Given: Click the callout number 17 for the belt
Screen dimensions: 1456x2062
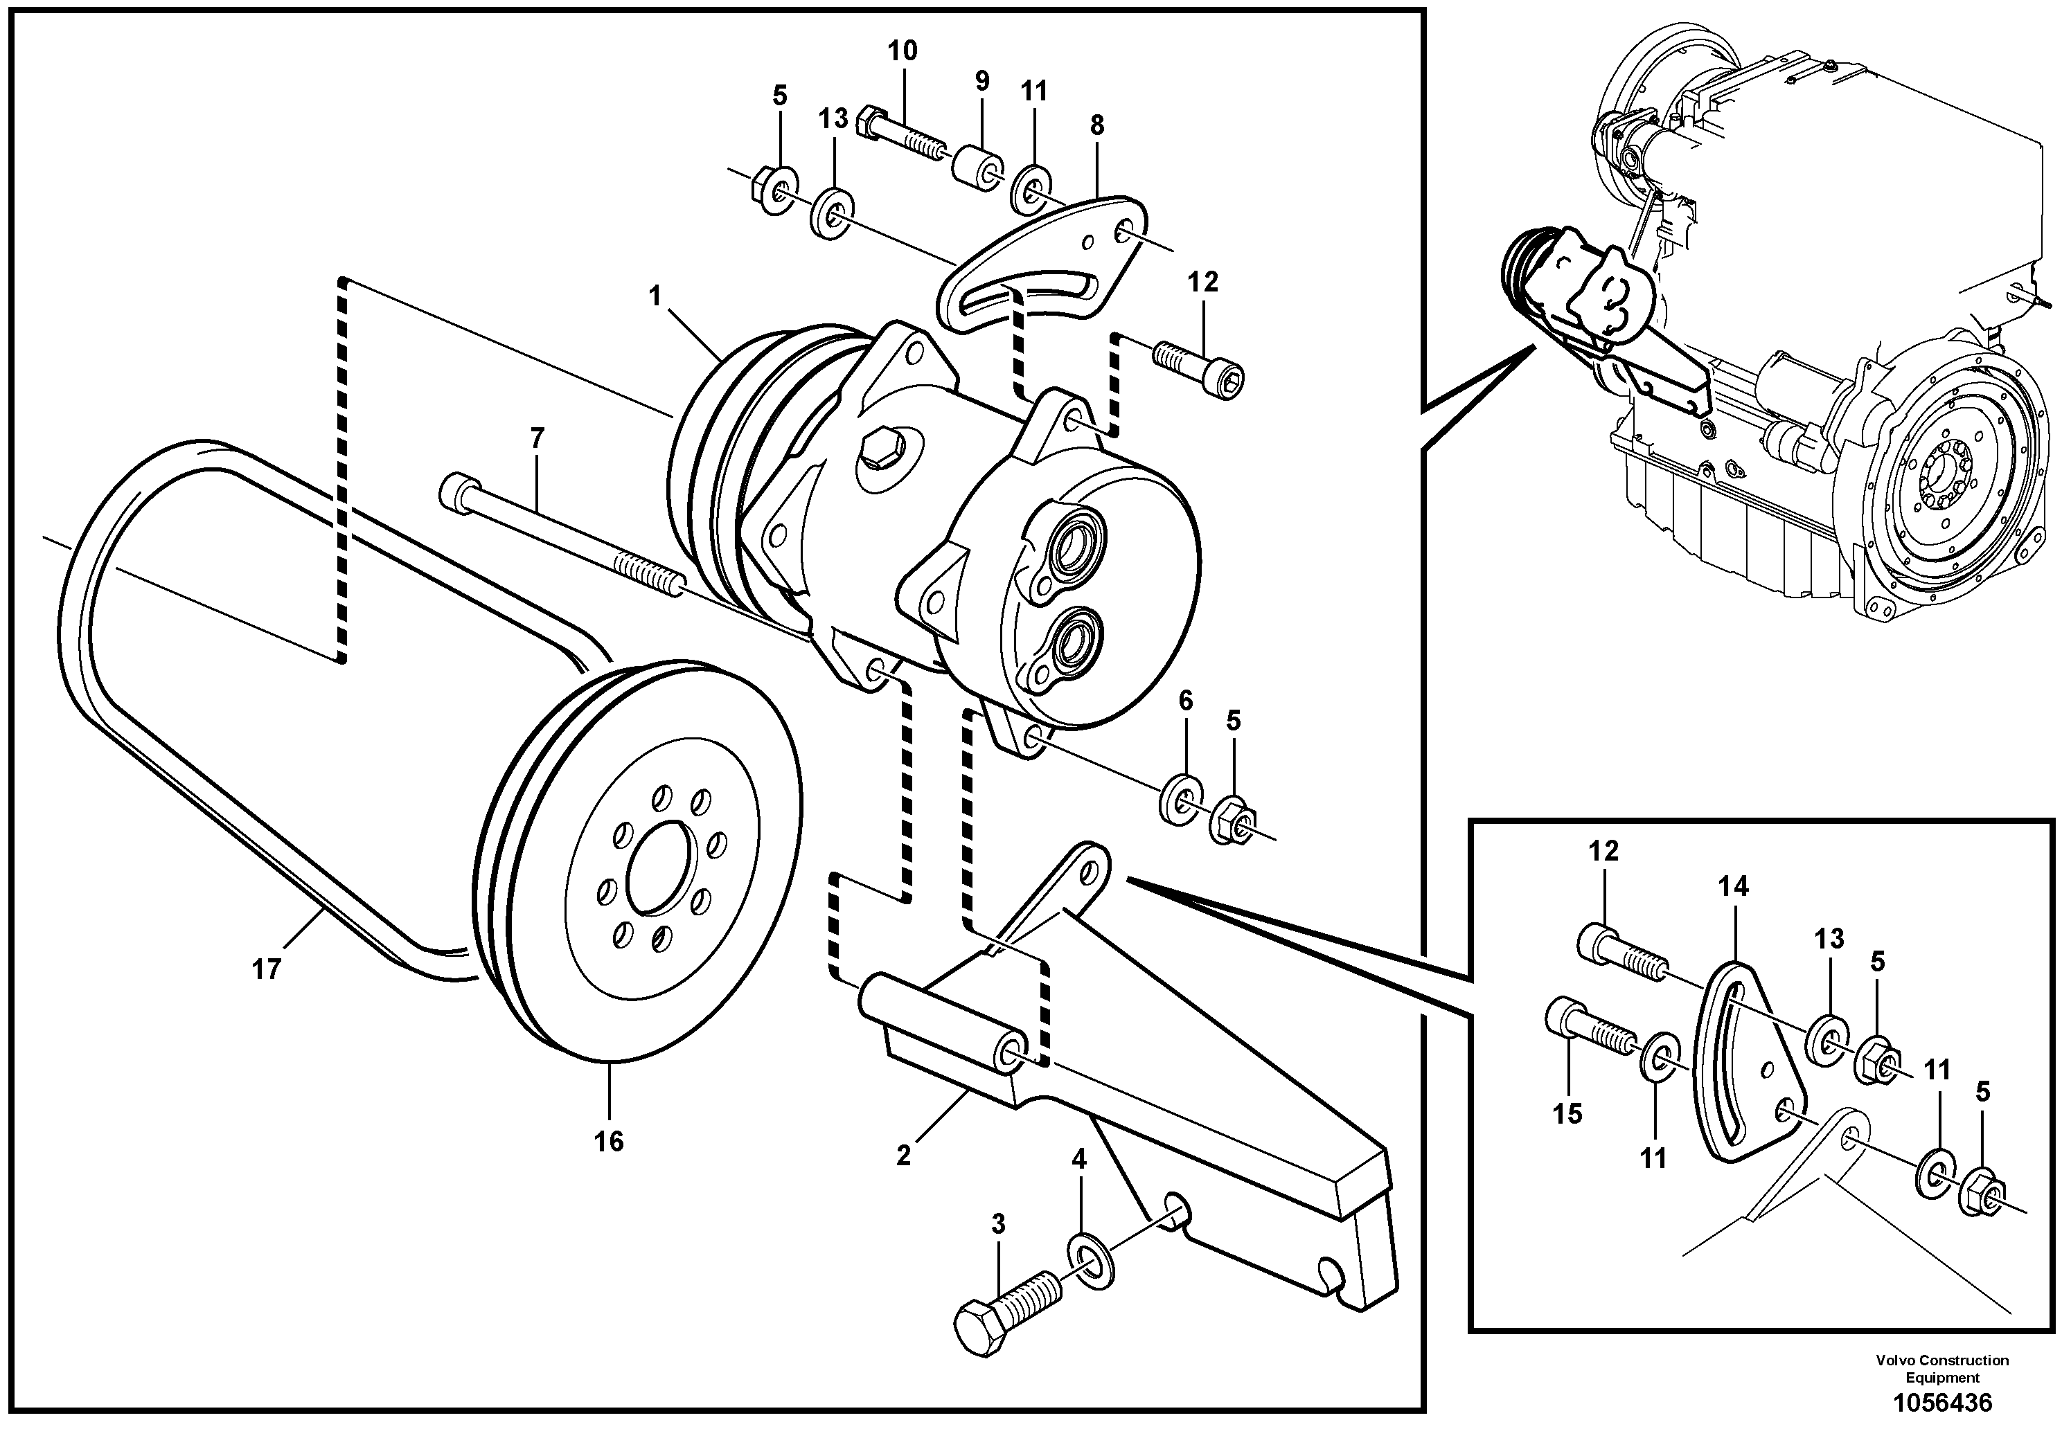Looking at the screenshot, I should coord(266,969).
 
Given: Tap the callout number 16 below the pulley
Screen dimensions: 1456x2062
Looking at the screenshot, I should coord(608,1142).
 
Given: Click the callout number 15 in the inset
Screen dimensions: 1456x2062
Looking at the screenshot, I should coord(1567,1114).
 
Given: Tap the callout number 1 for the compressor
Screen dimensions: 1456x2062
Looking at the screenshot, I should coord(656,296).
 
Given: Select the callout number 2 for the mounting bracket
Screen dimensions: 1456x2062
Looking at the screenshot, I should coord(903,1156).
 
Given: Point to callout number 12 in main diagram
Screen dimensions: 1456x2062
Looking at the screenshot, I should coord(1202,282).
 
